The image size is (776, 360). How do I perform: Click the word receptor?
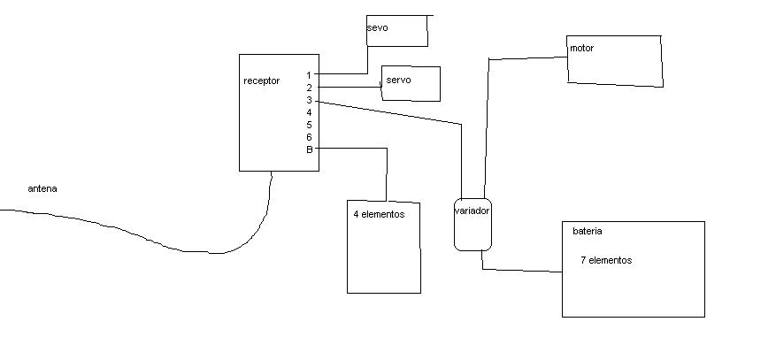click(x=261, y=81)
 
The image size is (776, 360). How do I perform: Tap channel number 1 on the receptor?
click(x=309, y=76)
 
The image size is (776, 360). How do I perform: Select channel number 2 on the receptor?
click(x=310, y=88)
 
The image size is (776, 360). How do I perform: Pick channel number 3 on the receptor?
click(x=310, y=100)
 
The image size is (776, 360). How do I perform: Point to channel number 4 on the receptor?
click(x=310, y=112)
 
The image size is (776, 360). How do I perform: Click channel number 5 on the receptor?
click(x=310, y=125)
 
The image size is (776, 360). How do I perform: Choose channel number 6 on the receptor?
click(x=310, y=137)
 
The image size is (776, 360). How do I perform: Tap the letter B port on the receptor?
click(x=310, y=149)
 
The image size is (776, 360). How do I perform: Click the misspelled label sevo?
click(x=377, y=28)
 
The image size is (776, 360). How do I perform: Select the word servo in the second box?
click(x=398, y=80)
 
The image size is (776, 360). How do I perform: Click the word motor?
click(x=581, y=49)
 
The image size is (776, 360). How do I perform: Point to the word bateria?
click(x=587, y=231)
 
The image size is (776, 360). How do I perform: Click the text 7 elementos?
click(x=606, y=260)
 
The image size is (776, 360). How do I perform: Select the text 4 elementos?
click(x=379, y=214)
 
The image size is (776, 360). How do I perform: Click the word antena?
click(x=42, y=189)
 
